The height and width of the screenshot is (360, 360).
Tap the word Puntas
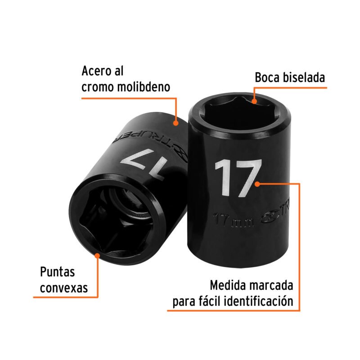click(x=57, y=272)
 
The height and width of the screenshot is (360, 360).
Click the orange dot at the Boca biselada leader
click(x=254, y=101)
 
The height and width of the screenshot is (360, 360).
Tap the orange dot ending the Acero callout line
click(x=176, y=121)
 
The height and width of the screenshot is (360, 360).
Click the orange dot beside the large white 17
click(x=258, y=184)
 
